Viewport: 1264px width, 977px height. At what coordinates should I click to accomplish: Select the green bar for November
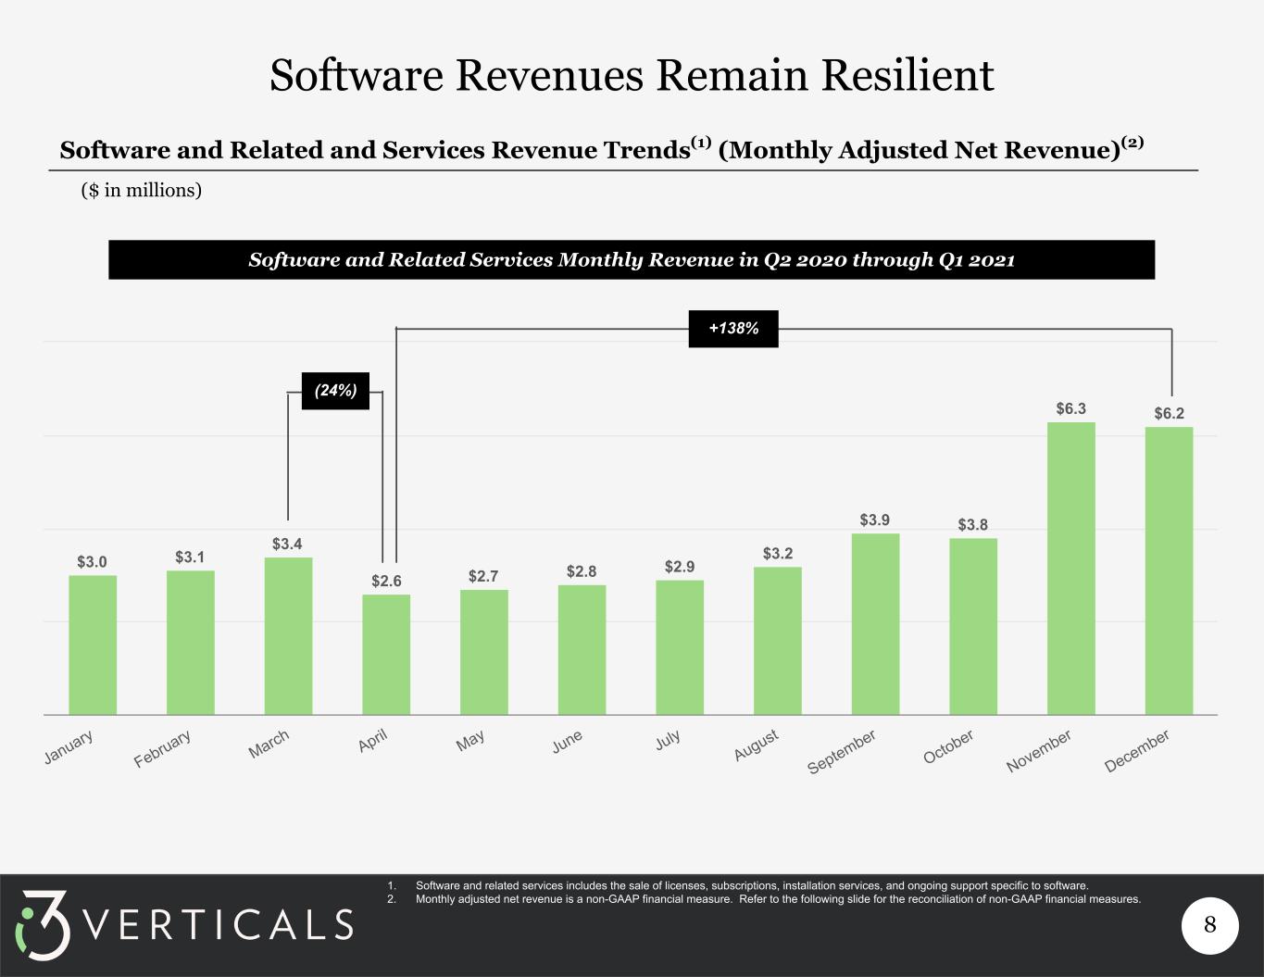[x=1070, y=569]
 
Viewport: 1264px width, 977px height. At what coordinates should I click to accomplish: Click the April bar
[x=386, y=654]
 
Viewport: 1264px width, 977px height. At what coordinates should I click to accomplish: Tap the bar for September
[x=875, y=624]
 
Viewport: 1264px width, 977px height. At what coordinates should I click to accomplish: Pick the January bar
[x=93, y=645]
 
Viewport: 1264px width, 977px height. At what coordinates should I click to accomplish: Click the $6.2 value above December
[x=1170, y=413]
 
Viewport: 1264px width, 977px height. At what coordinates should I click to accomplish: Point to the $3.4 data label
[x=287, y=544]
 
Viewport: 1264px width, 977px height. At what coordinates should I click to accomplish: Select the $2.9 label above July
[x=680, y=567]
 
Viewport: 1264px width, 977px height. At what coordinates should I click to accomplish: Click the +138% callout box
[x=733, y=329]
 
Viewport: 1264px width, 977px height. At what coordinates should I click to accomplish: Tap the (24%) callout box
[x=335, y=390]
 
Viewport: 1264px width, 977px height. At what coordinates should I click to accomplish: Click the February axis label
[x=162, y=748]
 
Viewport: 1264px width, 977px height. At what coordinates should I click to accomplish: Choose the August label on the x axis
[x=757, y=745]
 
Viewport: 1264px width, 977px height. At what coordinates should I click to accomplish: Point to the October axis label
[x=948, y=746]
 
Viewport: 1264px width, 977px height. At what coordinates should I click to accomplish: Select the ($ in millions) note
[x=142, y=190]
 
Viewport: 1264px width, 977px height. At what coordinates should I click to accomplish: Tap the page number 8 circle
[x=1210, y=924]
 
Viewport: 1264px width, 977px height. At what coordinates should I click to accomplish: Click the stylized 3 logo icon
[x=43, y=924]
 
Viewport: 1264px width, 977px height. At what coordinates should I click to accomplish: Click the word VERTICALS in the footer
[x=219, y=924]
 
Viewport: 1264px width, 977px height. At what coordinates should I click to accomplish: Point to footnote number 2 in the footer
[x=392, y=899]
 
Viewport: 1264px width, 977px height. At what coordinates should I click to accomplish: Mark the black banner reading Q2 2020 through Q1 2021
[x=632, y=260]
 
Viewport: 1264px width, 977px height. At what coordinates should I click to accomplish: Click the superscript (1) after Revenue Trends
[x=701, y=143]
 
